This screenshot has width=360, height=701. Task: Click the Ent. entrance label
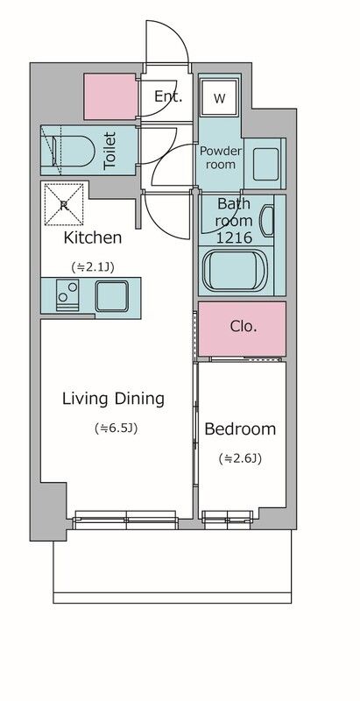tap(168, 96)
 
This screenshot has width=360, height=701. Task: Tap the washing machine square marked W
tap(219, 98)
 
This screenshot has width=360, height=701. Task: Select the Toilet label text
tap(109, 150)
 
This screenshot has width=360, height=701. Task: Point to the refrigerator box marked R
tap(64, 205)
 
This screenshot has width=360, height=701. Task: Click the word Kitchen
tap(93, 237)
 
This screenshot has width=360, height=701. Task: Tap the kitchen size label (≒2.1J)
tap(93, 267)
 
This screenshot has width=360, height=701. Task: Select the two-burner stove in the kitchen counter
tap(67, 295)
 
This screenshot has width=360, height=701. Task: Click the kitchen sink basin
tap(111, 296)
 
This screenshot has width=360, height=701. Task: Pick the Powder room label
tap(220, 158)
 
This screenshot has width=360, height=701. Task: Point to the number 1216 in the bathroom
tap(234, 237)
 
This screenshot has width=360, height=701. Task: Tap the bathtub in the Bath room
tap(235, 270)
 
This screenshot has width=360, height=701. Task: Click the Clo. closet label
tap(244, 326)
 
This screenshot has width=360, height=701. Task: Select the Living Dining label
tap(114, 399)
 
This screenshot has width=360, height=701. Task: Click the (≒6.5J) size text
tap(116, 428)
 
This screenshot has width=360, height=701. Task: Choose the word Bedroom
tap(240, 429)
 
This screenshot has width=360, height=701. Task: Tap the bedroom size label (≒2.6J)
tap(240, 458)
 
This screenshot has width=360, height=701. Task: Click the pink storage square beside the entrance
tap(109, 96)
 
